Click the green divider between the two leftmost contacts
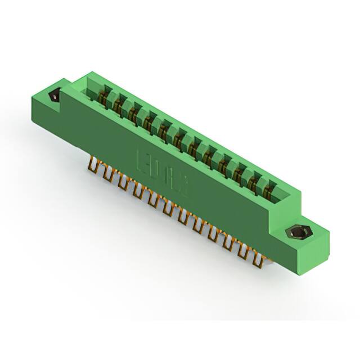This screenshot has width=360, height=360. (111, 97)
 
